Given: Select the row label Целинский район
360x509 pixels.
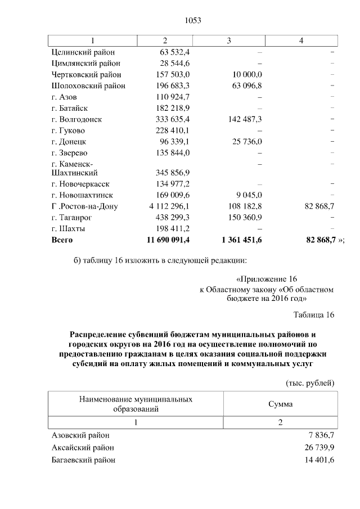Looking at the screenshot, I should pos(82,52).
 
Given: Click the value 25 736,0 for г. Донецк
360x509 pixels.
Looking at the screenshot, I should pos(246,142).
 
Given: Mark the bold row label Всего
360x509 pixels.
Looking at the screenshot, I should pos(62,240).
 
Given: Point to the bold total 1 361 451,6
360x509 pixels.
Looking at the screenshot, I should pos(242,240).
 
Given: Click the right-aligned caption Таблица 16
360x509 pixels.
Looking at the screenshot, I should pos(314,314).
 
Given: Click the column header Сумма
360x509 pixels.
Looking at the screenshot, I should pos(280,404).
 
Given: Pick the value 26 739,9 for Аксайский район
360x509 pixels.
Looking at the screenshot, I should pos(318,448).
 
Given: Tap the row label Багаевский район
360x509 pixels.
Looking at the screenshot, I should pos(83,460).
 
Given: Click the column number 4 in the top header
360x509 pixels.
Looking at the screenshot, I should pos(301,40).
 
